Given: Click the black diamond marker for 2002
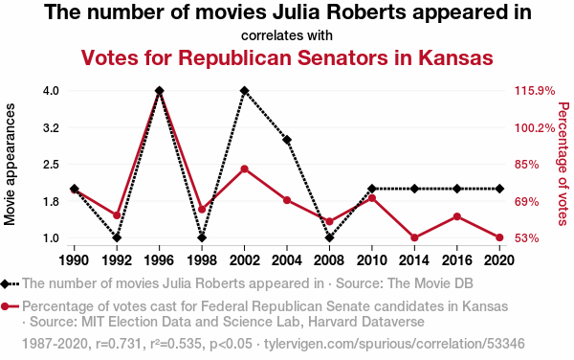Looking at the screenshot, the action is pos(244,90).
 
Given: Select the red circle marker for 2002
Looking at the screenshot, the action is pos(244,169).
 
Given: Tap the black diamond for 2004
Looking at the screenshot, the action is pos(287,140).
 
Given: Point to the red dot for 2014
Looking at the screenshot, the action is pos(414,237).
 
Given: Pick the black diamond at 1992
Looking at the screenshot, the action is pos(117,237).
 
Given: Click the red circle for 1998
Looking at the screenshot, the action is pos(202,209).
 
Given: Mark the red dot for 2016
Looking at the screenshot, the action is pos(457,216).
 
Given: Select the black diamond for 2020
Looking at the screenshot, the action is pos(499,189).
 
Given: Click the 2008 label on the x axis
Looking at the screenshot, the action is pos(329,260).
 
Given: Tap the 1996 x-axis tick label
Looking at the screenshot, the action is pos(159,260).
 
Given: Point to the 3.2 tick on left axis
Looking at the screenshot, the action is pos(51,127).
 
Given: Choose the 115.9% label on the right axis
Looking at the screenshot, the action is pos(535,90).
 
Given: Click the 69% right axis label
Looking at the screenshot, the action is pos(527,202).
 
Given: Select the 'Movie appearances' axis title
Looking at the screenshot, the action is pos(10,164).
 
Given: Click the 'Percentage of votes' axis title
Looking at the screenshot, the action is pos(563,164).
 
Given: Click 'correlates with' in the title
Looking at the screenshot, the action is pos(287,35).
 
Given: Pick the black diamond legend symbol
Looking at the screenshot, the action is pos(5,283).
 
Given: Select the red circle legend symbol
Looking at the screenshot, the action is pos(5,306).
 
